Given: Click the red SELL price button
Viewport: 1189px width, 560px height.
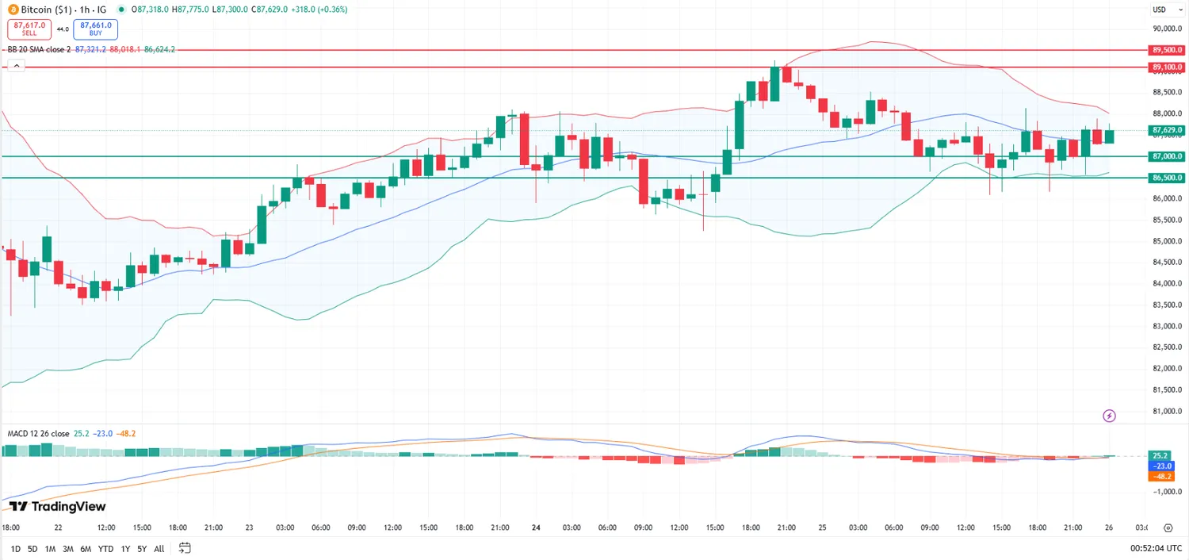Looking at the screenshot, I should [x=29, y=29].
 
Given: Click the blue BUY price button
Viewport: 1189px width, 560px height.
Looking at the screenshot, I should [x=95, y=29].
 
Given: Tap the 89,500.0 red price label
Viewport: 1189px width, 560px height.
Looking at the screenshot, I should [x=1167, y=49].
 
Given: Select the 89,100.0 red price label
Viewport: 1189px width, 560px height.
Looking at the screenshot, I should [x=1167, y=67].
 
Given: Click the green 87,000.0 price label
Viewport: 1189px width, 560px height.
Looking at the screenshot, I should [x=1167, y=156].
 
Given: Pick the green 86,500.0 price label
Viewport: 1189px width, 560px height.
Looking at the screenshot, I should [x=1167, y=178].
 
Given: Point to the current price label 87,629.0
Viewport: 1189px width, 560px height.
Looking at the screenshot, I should [x=1167, y=130].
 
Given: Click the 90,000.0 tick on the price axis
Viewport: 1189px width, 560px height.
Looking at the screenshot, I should [x=1167, y=29].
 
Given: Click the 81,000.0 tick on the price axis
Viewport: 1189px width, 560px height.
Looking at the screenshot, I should [x=1167, y=411].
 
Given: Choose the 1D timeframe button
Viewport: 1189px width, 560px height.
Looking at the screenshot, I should [x=16, y=548].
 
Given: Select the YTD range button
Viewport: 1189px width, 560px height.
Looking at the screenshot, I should [x=105, y=548].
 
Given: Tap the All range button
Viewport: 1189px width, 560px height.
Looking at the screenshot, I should [x=159, y=548].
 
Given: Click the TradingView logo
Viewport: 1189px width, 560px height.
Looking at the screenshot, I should [x=57, y=506].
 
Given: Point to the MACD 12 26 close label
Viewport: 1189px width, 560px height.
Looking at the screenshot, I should [x=38, y=433].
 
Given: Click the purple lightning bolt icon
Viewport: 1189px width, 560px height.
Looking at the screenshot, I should [x=1110, y=416].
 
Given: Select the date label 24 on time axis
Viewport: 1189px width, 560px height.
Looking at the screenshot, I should [x=536, y=527].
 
